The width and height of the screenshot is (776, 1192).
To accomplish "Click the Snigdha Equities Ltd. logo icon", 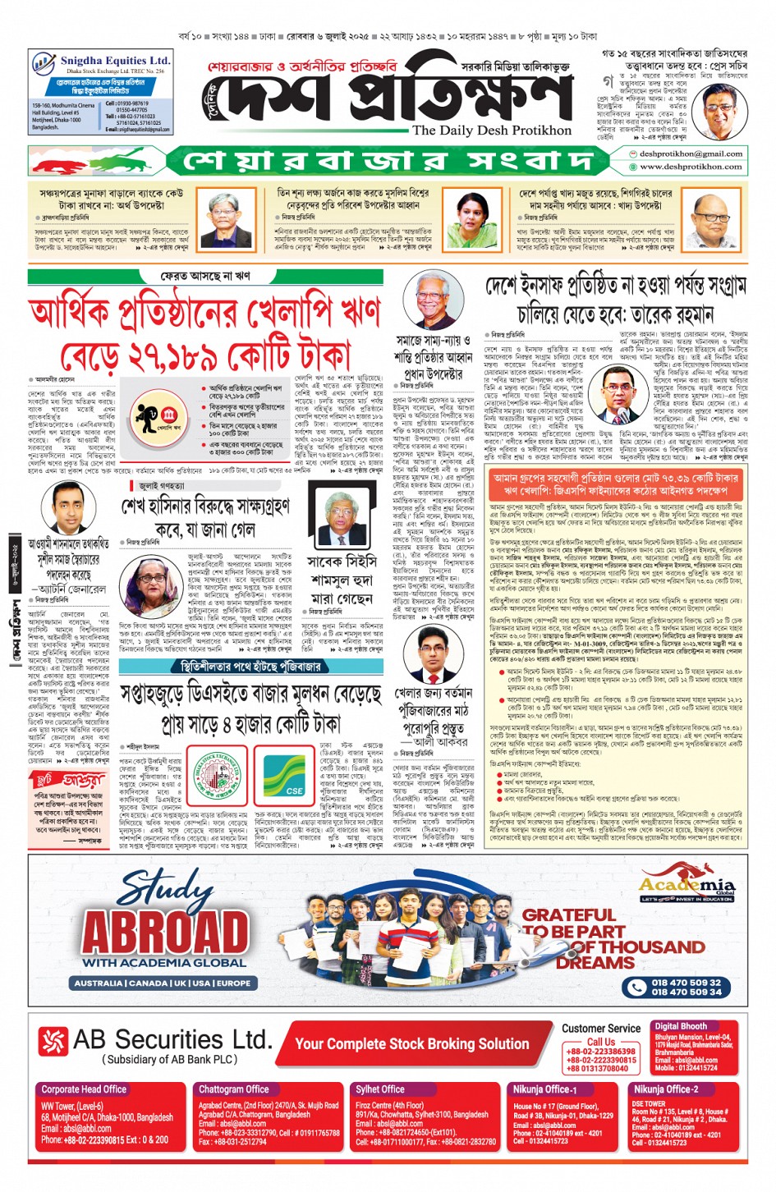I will pos(44,63).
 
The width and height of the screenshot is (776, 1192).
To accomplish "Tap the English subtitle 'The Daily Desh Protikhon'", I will pos(491,130).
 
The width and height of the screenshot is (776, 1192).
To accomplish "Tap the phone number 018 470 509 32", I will pos(686,982).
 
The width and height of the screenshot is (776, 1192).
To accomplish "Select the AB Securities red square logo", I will pos(53,1041).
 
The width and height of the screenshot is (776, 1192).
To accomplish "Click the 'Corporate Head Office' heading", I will pos(84,1089).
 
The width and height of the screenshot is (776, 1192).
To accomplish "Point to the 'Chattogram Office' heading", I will pos(234,1089).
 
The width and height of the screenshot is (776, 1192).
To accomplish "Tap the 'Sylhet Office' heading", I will pos(380,1089).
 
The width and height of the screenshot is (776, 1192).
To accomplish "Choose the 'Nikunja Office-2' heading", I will pos(665,1089).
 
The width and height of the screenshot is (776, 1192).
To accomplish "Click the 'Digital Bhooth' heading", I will pos(681,1026).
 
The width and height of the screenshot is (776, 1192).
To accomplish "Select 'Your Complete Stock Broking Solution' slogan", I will pos(412,1043).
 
